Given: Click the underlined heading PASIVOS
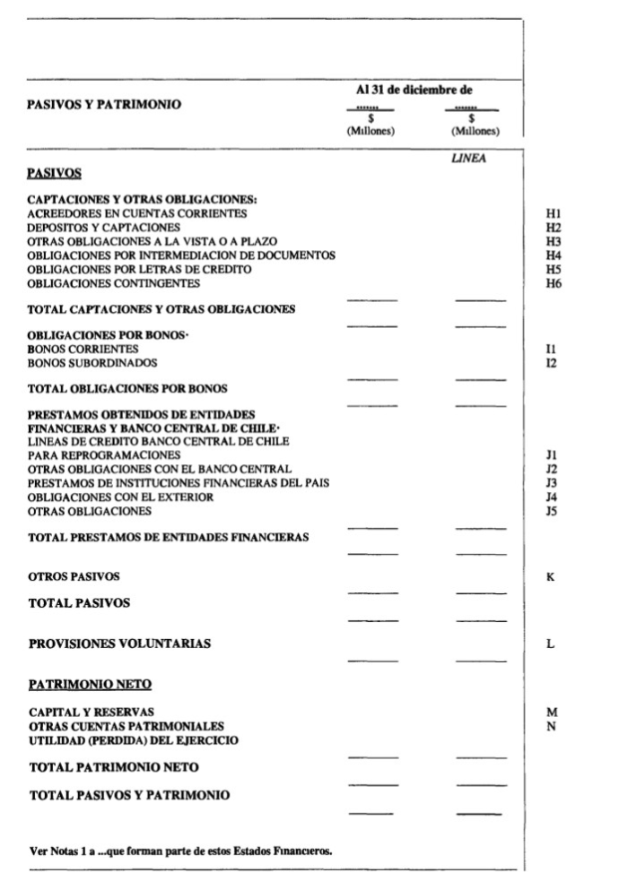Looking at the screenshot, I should tap(56, 172).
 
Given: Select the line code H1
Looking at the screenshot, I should tap(553, 213).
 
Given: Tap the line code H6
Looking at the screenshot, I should tap(553, 283).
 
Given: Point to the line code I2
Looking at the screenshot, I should tap(551, 363).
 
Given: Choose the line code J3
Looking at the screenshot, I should tap(552, 483).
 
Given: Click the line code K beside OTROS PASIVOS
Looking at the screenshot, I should tap(550, 576).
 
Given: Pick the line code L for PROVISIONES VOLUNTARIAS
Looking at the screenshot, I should tap(550, 644).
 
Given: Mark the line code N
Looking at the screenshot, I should tap(551, 726).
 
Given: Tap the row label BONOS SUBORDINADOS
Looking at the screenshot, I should tap(92, 363).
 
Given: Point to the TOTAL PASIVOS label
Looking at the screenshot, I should tap(80, 603).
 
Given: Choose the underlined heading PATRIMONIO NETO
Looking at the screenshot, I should tap(90, 685).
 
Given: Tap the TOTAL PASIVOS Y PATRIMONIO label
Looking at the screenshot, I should tap(128, 795).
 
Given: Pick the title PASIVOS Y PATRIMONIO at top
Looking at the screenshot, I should tap(104, 105).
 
